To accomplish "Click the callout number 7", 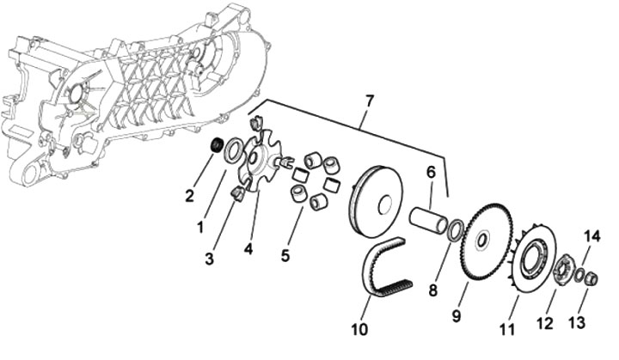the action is pos(370,101).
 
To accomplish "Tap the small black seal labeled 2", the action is pos(218,142).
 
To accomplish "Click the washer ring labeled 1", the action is pos(233,155).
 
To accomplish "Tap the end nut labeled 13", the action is pos(591,278).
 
